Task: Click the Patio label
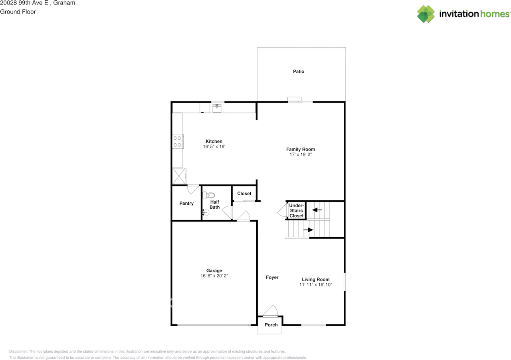[298, 71]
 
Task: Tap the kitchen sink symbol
[217, 108]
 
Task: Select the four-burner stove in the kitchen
[178, 141]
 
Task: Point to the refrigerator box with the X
[179, 176]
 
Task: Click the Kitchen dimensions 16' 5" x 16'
[214, 146]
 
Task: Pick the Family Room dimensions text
[301, 154]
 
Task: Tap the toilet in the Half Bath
[209, 195]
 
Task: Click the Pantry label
[186, 203]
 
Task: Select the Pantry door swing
[193, 189]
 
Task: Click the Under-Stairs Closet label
[296, 210]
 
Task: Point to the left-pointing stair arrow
[317, 210]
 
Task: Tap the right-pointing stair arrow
[308, 230]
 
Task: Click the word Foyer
[272, 277]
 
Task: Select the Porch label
[271, 324]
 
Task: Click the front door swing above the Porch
[270, 311]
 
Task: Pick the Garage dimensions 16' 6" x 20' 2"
[214, 276]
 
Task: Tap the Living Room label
[315, 279]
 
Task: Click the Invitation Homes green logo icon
[426, 14]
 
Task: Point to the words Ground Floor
[18, 12]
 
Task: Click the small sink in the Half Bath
[206, 212]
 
